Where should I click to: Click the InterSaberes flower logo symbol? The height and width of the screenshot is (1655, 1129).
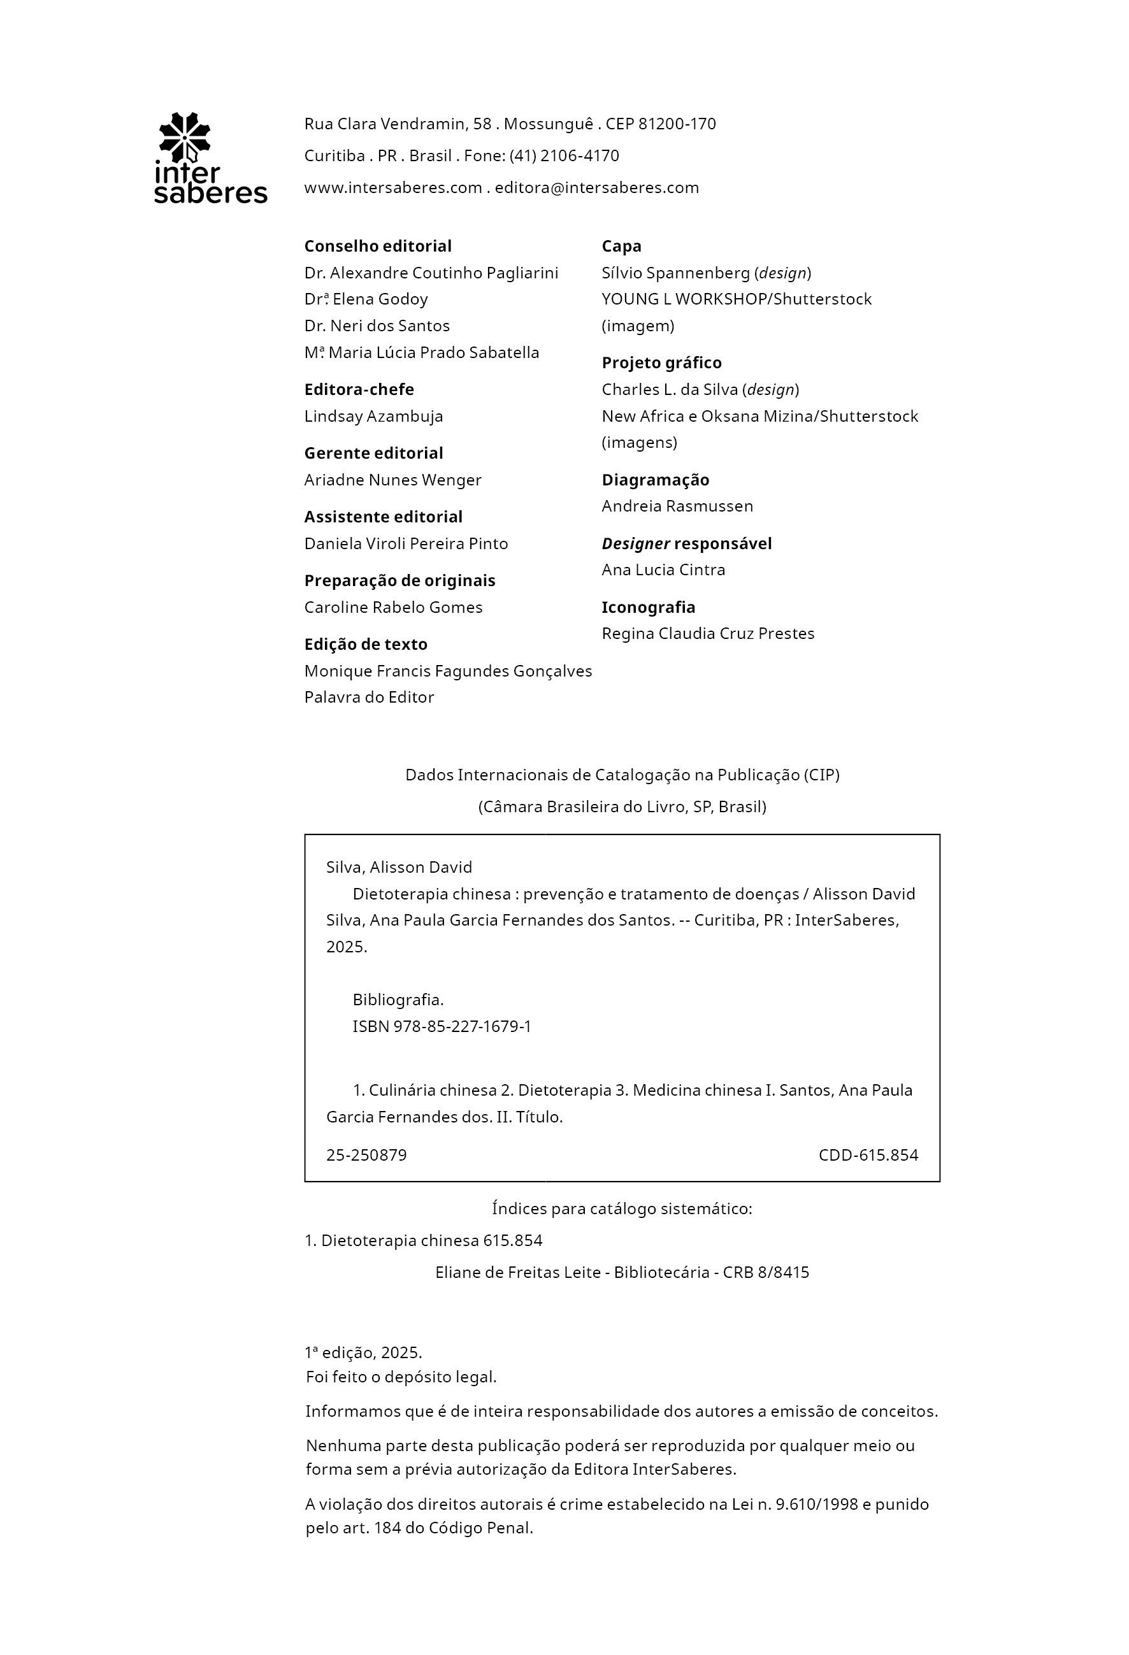click(185, 137)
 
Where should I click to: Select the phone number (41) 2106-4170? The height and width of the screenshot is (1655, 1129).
click(563, 155)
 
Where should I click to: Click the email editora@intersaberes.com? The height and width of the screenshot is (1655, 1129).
click(597, 187)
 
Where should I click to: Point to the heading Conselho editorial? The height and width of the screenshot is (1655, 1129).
click(378, 246)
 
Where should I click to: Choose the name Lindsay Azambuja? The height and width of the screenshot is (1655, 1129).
click(373, 416)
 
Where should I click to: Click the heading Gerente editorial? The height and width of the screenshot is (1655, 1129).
click(373, 453)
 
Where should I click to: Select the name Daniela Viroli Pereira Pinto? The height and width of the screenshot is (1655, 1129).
click(406, 543)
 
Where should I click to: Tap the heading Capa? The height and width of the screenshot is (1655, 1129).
click(621, 246)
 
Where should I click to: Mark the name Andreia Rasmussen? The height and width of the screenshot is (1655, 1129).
click(677, 506)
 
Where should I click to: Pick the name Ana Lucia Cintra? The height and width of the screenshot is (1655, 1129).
click(663, 570)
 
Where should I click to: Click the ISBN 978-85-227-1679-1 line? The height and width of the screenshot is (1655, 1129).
click(442, 1026)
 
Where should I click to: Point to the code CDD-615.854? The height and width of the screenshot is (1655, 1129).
click(868, 1155)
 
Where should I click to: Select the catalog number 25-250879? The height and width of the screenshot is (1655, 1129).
click(366, 1155)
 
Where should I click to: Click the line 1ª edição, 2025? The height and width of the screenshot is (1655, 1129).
click(363, 1352)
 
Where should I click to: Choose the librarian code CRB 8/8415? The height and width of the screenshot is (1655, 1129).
click(766, 1273)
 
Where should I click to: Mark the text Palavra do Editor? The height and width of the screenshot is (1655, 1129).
click(369, 697)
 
